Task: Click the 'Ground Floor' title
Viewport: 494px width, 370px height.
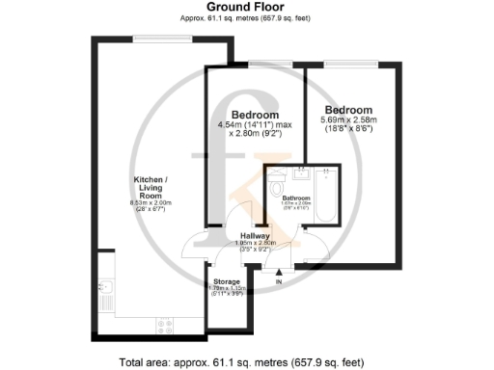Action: click(246, 7)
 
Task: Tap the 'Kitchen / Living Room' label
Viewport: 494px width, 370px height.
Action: click(152, 187)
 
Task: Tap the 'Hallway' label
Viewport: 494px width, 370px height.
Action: click(255, 235)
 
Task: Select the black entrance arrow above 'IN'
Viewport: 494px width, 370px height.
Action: click(278, 273)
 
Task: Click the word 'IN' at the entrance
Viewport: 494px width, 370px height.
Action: click(278, 283)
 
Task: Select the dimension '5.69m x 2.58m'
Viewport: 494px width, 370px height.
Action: click(348, 119)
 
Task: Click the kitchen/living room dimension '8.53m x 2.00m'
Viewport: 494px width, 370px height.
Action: click(151, 202)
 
